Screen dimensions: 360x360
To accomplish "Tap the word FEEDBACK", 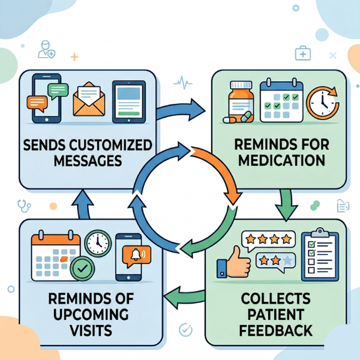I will (275, 331).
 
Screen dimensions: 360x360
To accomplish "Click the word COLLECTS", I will (275, 299).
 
